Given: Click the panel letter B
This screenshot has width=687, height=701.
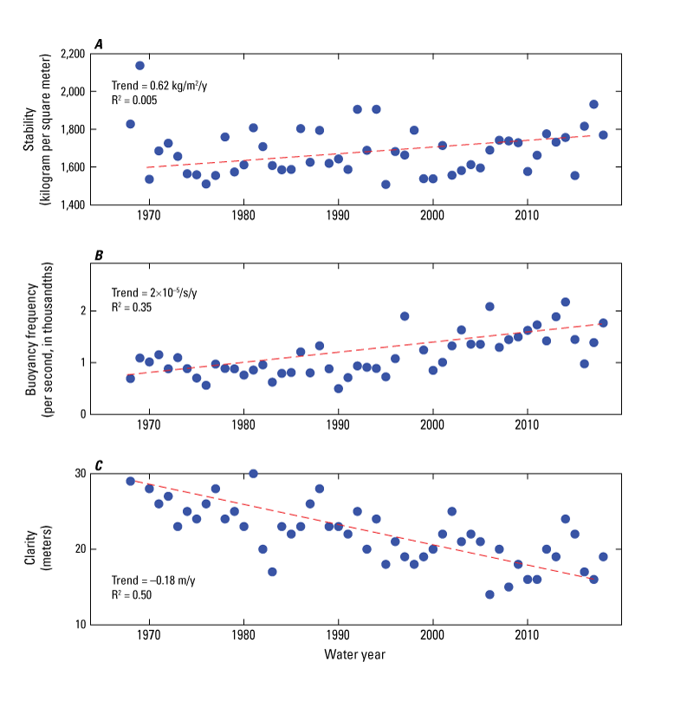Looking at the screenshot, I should (99, 255).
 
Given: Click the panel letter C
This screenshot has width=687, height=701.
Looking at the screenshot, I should (99, 466).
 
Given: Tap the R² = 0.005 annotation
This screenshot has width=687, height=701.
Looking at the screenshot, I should (139, 101).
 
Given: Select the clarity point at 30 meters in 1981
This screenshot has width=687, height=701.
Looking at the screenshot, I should (253, 473).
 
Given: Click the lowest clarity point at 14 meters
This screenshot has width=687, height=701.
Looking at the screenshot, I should (489, 594).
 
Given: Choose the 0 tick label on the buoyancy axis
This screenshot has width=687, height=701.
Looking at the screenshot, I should (82, 414).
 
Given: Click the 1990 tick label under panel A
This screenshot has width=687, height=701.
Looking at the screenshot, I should (338, 217).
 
